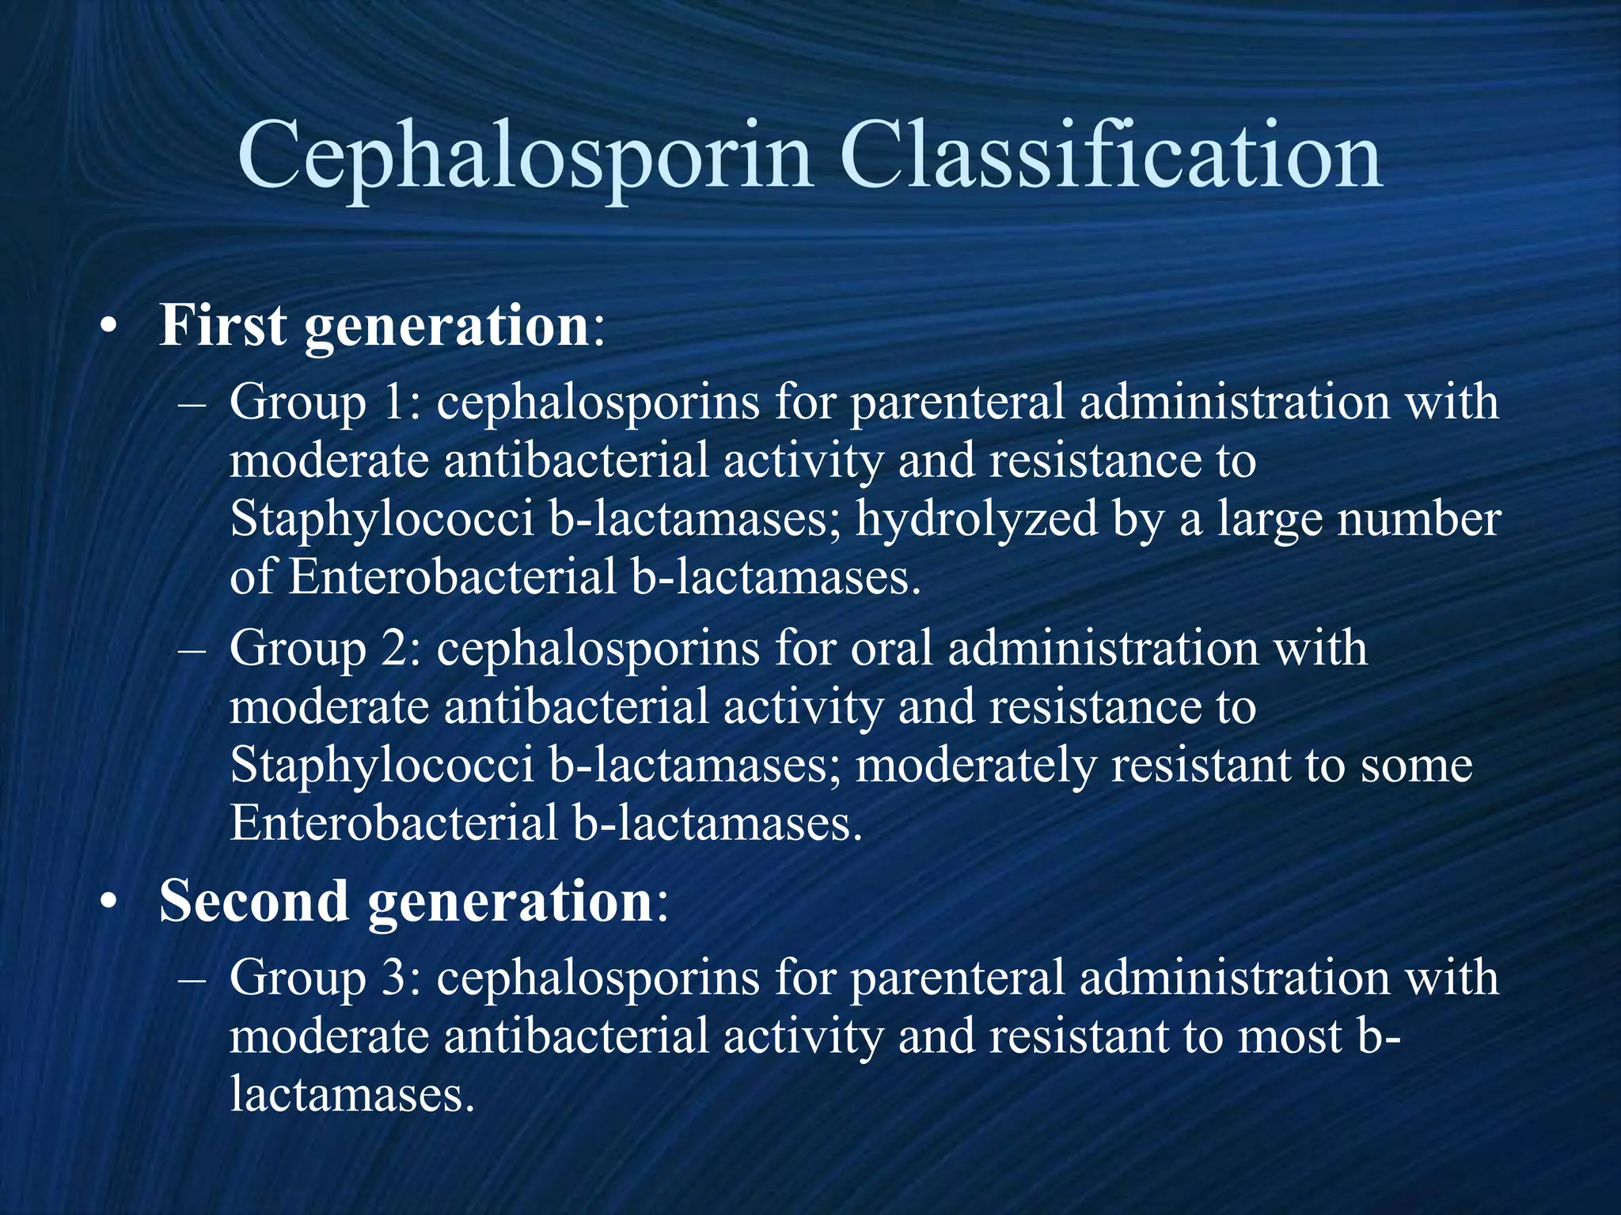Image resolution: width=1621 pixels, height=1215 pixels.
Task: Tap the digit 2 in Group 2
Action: point(395,648)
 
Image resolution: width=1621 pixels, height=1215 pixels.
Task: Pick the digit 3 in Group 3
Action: point(395,978)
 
